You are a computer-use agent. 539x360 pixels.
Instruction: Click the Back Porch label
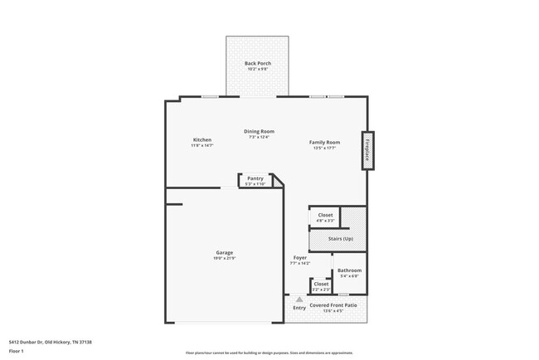(257, 63)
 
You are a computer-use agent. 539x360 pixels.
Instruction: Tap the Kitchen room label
(202, 139)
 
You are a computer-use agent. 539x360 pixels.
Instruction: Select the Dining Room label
(259, 131)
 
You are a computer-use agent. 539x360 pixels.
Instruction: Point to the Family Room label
(324, 143)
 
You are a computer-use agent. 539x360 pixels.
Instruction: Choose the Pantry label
(255, 178)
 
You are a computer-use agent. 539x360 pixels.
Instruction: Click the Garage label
(225, 252)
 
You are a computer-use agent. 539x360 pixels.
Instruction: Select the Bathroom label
(349, 270)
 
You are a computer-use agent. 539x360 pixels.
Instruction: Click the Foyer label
(300, 257)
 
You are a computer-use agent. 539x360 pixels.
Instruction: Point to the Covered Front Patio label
(333, 305)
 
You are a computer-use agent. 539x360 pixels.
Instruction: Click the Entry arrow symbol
(299, 299)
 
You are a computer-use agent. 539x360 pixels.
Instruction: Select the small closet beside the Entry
(321, 286)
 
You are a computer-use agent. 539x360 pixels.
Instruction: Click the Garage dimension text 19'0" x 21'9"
(225, 259)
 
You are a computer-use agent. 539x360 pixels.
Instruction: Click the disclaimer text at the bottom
(269, 353)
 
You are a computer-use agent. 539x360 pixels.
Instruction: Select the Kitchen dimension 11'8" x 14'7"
(202, 146)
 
